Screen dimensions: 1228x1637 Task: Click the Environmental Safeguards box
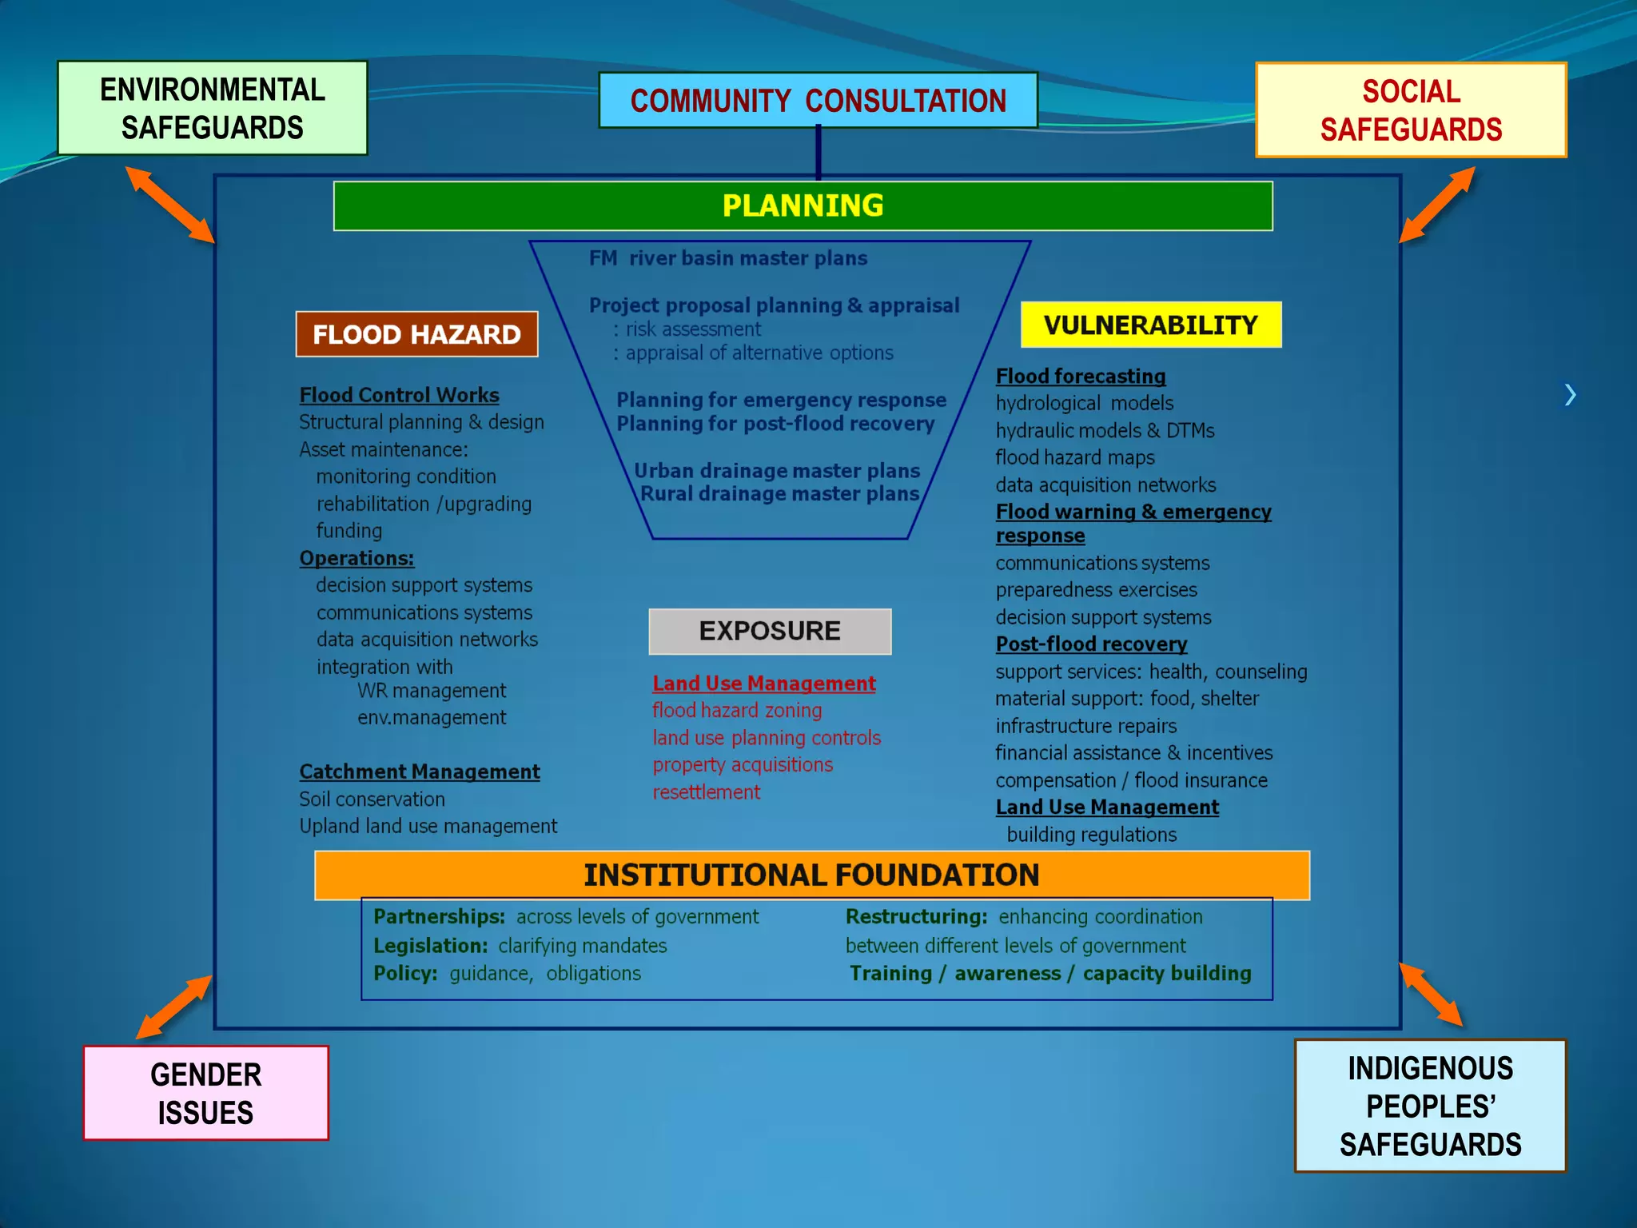(212, 108)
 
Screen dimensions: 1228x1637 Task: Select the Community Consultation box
(818, 101)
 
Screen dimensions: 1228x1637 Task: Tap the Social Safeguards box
(1411, 110)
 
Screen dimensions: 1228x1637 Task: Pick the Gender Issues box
(205, 1093)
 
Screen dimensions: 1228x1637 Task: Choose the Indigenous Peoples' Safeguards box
(1430, 1106)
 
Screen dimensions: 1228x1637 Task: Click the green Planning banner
(803, 206)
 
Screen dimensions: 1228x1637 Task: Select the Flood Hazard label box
(416, 334)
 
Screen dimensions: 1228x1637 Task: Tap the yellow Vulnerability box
(1150, 325)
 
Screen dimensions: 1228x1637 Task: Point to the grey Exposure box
(770, 631)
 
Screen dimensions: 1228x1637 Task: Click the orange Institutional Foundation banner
(811, 875)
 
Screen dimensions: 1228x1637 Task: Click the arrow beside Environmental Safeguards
(170, 204)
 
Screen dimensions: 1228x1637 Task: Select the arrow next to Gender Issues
(173, 1007)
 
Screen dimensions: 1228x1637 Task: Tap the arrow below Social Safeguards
(1437, 204)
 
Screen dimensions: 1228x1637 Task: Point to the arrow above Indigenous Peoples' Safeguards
(1431, 995)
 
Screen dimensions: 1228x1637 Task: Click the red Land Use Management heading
(763, 684)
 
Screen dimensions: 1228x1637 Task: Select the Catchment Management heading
(420, 771)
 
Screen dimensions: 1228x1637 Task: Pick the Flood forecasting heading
(1081, 376)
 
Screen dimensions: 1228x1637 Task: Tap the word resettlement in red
(706, 792)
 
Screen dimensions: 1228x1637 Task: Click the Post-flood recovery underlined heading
(1091, 644)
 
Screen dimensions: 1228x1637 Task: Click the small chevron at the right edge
(1570, 394)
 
